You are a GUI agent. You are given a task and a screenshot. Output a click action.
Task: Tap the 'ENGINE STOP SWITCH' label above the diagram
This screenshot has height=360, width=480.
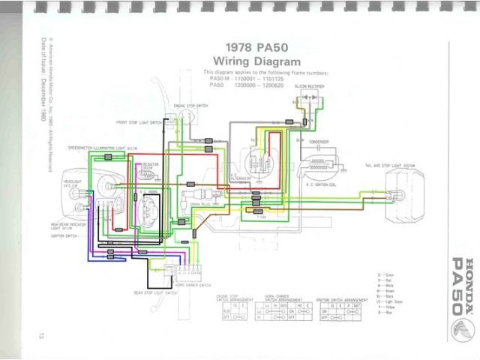click(x=190, y=108)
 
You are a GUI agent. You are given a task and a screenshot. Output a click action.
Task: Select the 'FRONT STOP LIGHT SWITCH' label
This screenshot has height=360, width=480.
click(x=140, y=121)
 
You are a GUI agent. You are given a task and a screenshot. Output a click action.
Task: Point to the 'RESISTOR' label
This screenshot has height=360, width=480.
click(x=150, y=161)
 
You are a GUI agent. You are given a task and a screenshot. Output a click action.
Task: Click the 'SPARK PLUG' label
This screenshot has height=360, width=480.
click(x=198, y=204)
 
